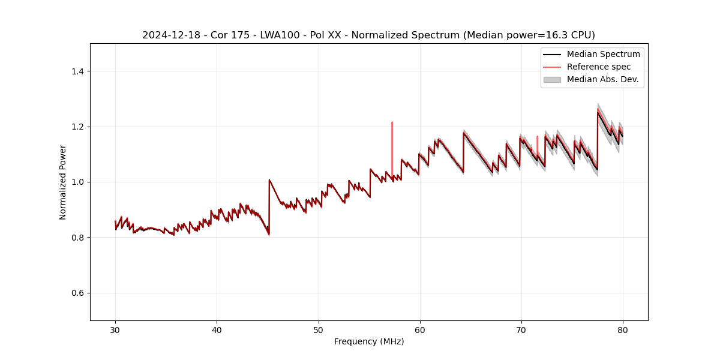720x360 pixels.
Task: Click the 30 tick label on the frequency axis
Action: tap(115, 329)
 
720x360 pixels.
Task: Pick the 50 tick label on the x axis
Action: tap(319, 329)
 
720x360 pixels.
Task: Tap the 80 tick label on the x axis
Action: tap(623, 329)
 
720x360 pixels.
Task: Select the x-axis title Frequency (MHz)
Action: tap(369, 341)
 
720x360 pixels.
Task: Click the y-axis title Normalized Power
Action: tap(63, 182)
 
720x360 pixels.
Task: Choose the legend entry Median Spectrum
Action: tap(603, 54)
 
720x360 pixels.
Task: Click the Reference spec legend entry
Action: tap(599, 67)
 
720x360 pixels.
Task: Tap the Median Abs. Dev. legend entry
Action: tap(602, 79)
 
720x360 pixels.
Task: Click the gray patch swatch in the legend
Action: tap(552, 79)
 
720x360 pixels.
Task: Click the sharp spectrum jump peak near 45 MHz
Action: tap(269, 180)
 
